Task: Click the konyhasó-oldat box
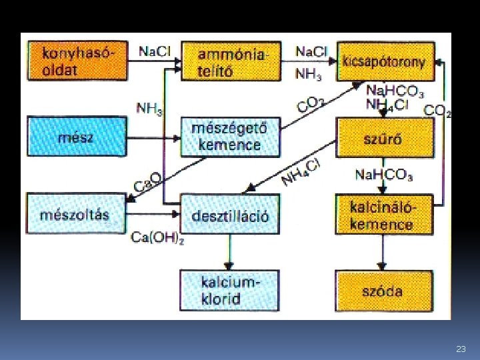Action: [x=77, y=61]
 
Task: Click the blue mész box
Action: [x=77, y=137]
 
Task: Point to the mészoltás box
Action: [x=75, y=214]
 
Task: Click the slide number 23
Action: [x=461, y=349]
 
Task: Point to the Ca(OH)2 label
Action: [x=157, y=237]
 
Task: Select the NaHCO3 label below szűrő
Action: [x=383, y=175]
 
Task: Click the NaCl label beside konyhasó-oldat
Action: [x=155, y=51]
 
